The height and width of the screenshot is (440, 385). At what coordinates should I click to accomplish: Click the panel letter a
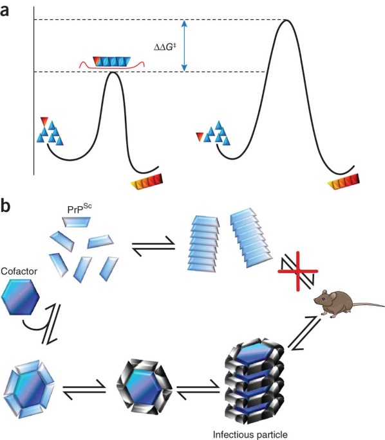pos(5,11)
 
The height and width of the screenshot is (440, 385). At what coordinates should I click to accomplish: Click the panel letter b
pos(5,206)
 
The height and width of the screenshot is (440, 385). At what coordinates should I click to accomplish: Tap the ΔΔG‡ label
pos(165,47)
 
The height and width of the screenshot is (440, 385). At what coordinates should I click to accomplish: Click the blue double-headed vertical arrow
pos(184,46)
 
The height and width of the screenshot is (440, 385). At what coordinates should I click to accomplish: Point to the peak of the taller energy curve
pos(286,20)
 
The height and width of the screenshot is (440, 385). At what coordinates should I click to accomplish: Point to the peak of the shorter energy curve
pos(113,73)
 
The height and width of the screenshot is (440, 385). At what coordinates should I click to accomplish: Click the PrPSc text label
pos(79,209)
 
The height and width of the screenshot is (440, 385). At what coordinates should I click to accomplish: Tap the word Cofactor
pos(19,271)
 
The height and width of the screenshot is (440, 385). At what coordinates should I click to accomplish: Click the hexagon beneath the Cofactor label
pos(20,297)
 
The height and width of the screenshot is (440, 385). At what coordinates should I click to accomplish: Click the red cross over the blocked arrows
pos(298,271)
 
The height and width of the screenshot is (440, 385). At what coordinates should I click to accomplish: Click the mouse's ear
pos(333,295)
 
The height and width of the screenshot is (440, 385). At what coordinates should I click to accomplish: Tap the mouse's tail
pos(368,304)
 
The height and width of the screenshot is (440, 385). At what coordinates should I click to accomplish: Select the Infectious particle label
pos(250,434)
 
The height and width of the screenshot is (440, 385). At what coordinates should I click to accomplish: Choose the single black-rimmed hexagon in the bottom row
pos(144,386)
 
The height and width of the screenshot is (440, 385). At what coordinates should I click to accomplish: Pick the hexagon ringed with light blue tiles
pos(29,389)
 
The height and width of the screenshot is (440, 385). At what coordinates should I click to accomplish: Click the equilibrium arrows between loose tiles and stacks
pos(154,246)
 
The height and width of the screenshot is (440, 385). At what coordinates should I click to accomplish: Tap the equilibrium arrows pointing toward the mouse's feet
pos(305,333)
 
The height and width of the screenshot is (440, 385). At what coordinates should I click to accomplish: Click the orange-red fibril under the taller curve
pos(344,182)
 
